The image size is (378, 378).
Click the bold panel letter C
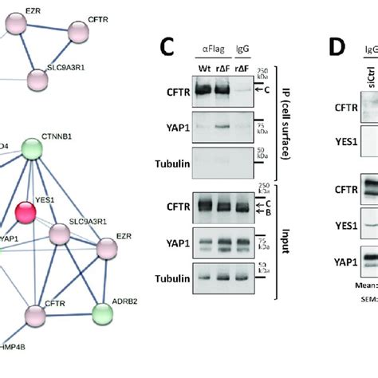coord(167,47)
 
